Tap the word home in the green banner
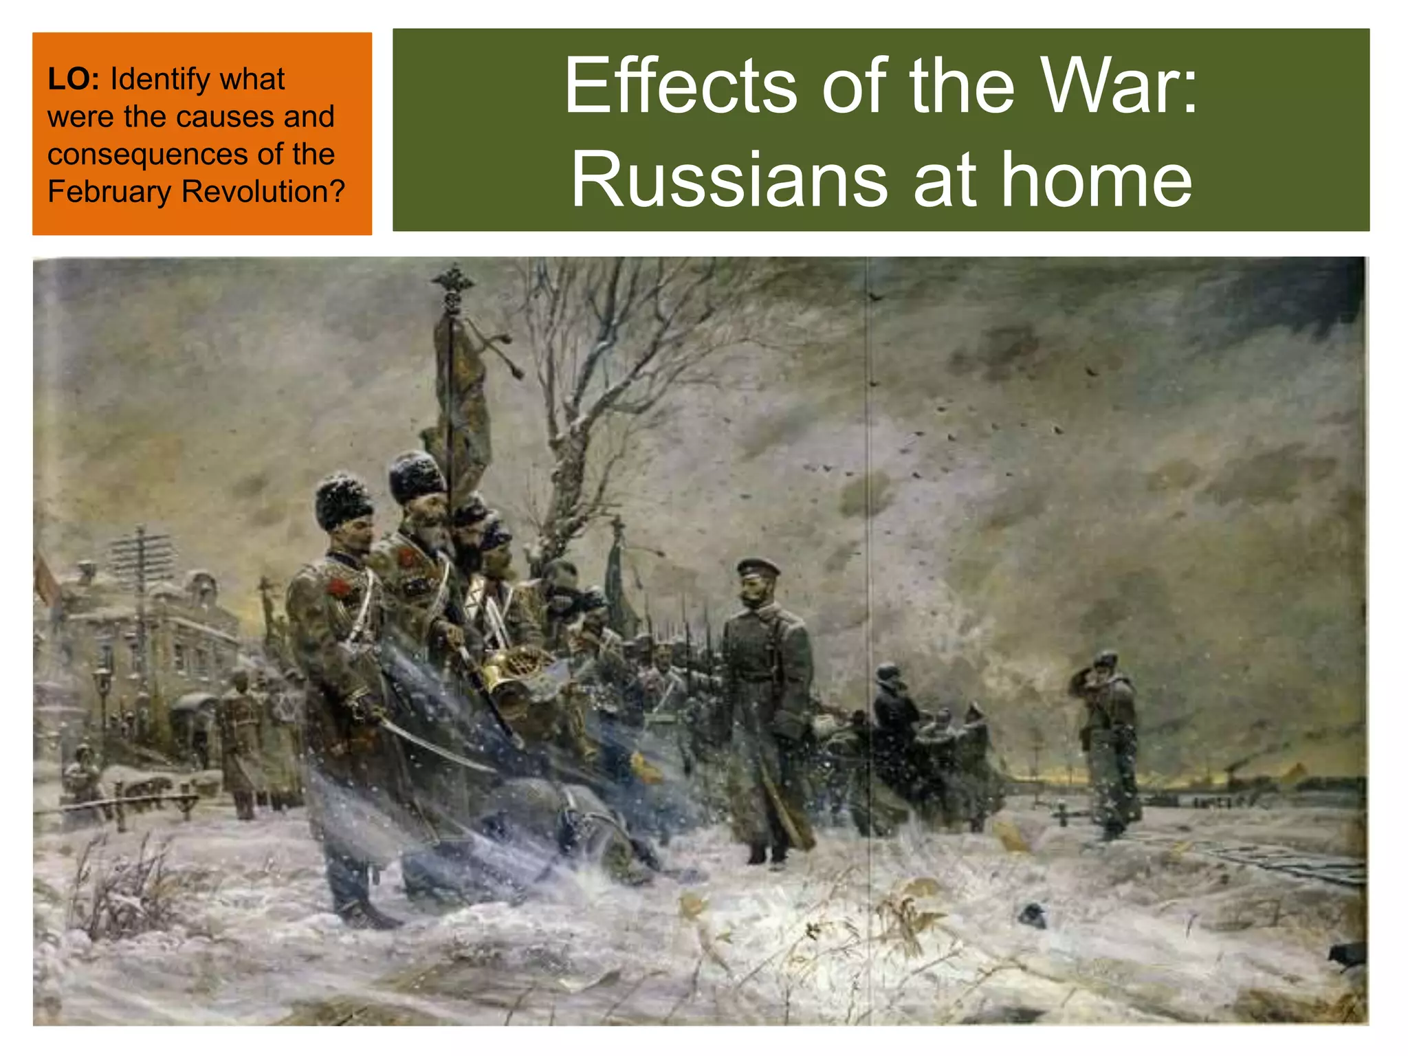coord(1096,180)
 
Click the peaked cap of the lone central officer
coord(758,567)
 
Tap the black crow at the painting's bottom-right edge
coord(1348,954)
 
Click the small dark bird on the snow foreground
coord(1032,915)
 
